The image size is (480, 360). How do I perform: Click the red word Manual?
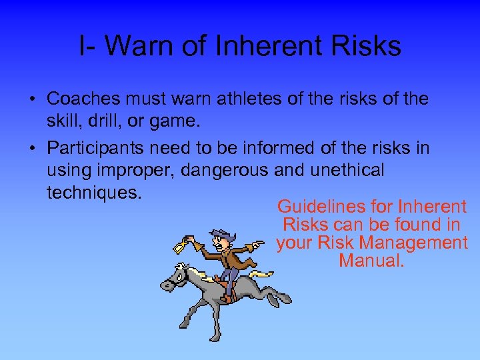[371, 261]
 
